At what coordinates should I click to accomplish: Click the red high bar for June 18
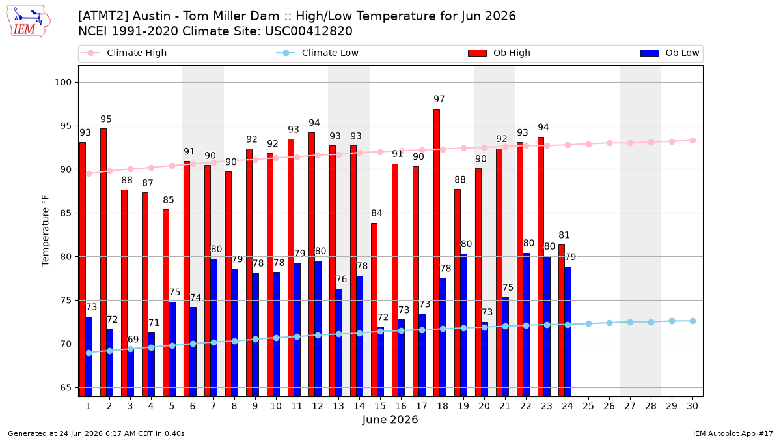pos(437,253)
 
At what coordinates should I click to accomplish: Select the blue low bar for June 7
pos(213,327)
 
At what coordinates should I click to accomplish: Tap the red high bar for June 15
pos(374,310)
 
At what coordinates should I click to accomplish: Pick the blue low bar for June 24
pos(568,332)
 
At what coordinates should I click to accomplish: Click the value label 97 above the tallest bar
pos(439,100)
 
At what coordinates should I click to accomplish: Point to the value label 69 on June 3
pos(133,340)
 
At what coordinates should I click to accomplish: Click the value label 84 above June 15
pos(377,213)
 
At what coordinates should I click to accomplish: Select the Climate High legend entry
pos(124,53)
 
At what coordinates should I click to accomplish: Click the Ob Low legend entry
pos(670,53)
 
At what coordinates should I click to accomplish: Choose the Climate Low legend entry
pos(318,53)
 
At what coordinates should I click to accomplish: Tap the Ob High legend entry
pos(499,53)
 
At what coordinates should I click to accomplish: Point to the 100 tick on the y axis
pos(62,83)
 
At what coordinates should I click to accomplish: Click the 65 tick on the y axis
pos(66,388)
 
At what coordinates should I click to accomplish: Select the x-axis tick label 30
pos(692,406)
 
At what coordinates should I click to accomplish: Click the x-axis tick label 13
pos(338,406)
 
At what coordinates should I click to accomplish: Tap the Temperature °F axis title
pos(46,231)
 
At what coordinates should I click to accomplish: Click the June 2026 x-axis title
pos(390,420)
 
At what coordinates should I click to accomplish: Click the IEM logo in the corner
pos(29,22)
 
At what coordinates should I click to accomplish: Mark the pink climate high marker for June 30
pos(692,141)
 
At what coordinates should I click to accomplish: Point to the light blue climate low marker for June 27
pos(631,322)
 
